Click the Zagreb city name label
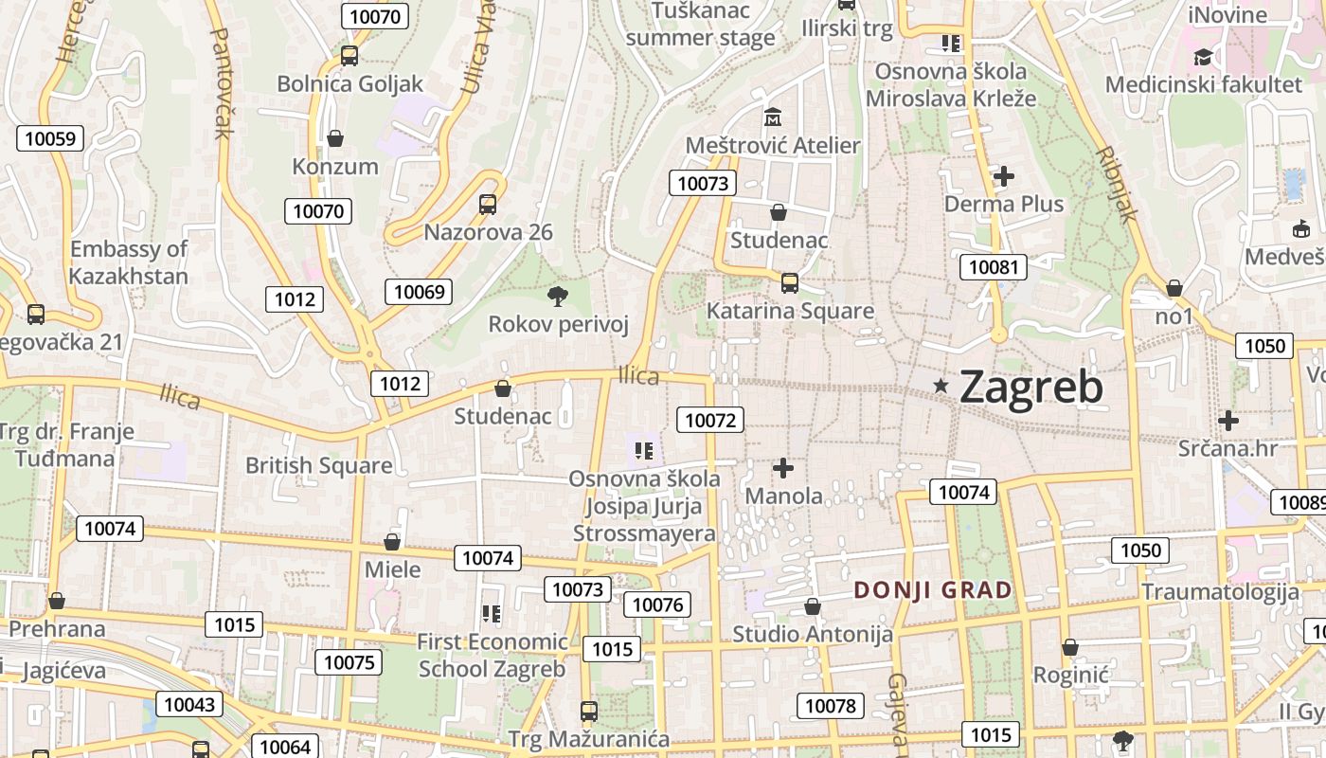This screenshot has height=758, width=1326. click(x=1030, y=387)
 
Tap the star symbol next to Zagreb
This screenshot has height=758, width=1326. click(x=941, y=386)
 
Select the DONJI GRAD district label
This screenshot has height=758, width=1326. click(x=933, y=590)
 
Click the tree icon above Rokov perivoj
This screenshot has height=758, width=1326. click(x=558, y=297)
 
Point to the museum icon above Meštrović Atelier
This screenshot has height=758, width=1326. click(x=773, y=118)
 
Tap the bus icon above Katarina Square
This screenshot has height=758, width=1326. click(x=789, y=282)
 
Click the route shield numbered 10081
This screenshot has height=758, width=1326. click(x=993, y=267)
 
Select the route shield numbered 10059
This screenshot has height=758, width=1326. click(x=49, y=138)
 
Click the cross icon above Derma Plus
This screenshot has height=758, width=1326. click(x=1004, y=176)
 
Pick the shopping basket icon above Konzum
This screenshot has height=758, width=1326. click(x=334, y=139)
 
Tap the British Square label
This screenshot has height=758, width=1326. click(x=318, y=465)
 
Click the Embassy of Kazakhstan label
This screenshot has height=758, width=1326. click(x=129, y=262)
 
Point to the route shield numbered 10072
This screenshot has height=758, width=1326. click(x=709, y=420)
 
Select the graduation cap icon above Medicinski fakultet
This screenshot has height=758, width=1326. click(x=1204, y=57)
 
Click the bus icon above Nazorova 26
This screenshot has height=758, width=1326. click(x=488, y=204)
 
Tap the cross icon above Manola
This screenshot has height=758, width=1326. click(x=783, y=467)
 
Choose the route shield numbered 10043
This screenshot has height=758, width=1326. click(x=191, y=704)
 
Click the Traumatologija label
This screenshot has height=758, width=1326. click(x=1220, y=592)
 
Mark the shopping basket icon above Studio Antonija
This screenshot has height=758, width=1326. click(x=812, y=606)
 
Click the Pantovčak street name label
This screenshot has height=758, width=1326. click(x=221, y=82)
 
